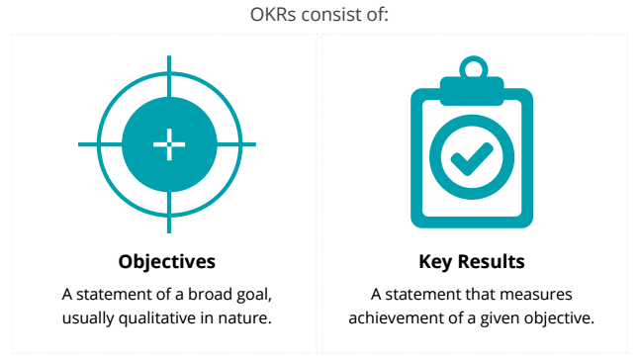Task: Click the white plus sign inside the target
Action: pos(168,144)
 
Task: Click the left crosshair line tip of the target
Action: pos(82,144)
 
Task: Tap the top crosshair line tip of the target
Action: pos(168,58)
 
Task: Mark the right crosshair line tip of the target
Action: pos(254,144)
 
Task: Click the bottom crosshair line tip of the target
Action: pos(168,230)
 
